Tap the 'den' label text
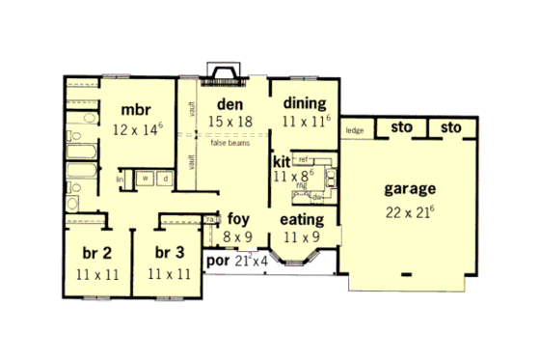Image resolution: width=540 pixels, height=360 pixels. pyautogui.click(x=228, y=103)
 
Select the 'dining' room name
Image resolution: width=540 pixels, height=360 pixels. pyautogui.click(x=304, y=103)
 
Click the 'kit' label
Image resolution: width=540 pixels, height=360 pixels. pyautogui.click(x=282, y=161)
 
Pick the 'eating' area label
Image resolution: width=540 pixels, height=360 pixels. pyautogui.click(x=301, y=220)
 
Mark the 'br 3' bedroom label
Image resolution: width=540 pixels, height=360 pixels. pyautogui.click(x=170, y=255)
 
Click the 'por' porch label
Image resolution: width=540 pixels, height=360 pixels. pyautogui.click(x=219, y=261)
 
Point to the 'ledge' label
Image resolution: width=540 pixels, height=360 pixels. pyautogui.click(x=354, y=130)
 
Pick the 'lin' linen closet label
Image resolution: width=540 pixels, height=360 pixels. pyautogui.click(x=121, y=179)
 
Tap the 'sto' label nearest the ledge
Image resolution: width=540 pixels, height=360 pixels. pyautogui.click(x=396, y=127)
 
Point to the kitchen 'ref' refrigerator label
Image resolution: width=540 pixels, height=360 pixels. pyautogui.click(x=303, y=157)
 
